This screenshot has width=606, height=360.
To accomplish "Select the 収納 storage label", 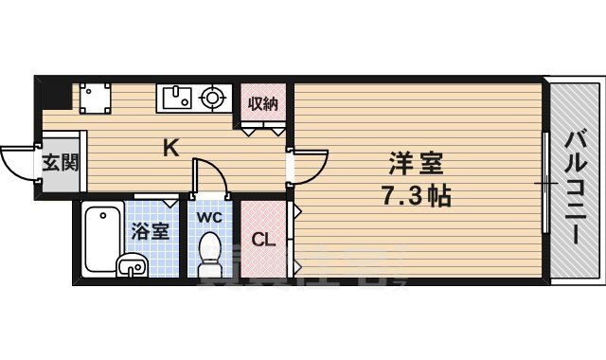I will (262, 104).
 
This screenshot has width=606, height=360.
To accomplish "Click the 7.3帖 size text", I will (418, 196).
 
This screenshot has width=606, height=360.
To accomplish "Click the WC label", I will (209, 216).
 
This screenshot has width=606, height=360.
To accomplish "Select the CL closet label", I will (262, 240).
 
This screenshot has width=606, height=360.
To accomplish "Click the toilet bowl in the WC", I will (210, 254).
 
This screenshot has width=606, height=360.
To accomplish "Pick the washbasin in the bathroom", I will (131, 266).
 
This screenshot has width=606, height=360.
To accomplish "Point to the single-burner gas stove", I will (213, 96).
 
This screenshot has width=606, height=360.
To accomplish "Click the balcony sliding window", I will (545, 182).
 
